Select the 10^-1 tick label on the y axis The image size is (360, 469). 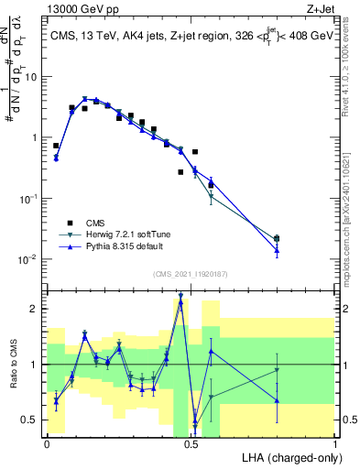(x=28, y=199)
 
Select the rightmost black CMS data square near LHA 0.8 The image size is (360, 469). (x=277, y=239)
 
